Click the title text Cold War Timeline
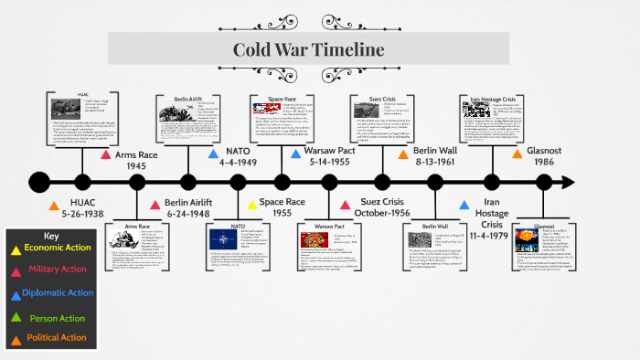point(307,49)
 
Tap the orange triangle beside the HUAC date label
point(54,206)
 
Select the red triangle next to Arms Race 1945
point(106,154)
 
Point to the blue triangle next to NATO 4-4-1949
point(206,154)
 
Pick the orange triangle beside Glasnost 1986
point(517,154)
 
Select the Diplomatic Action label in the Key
point(57,292)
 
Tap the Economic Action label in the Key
point(56,248)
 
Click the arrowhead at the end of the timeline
point(568,181)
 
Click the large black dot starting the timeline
point(38,181)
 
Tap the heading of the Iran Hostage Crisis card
point(493,98)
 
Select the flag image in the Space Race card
point(265,112)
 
